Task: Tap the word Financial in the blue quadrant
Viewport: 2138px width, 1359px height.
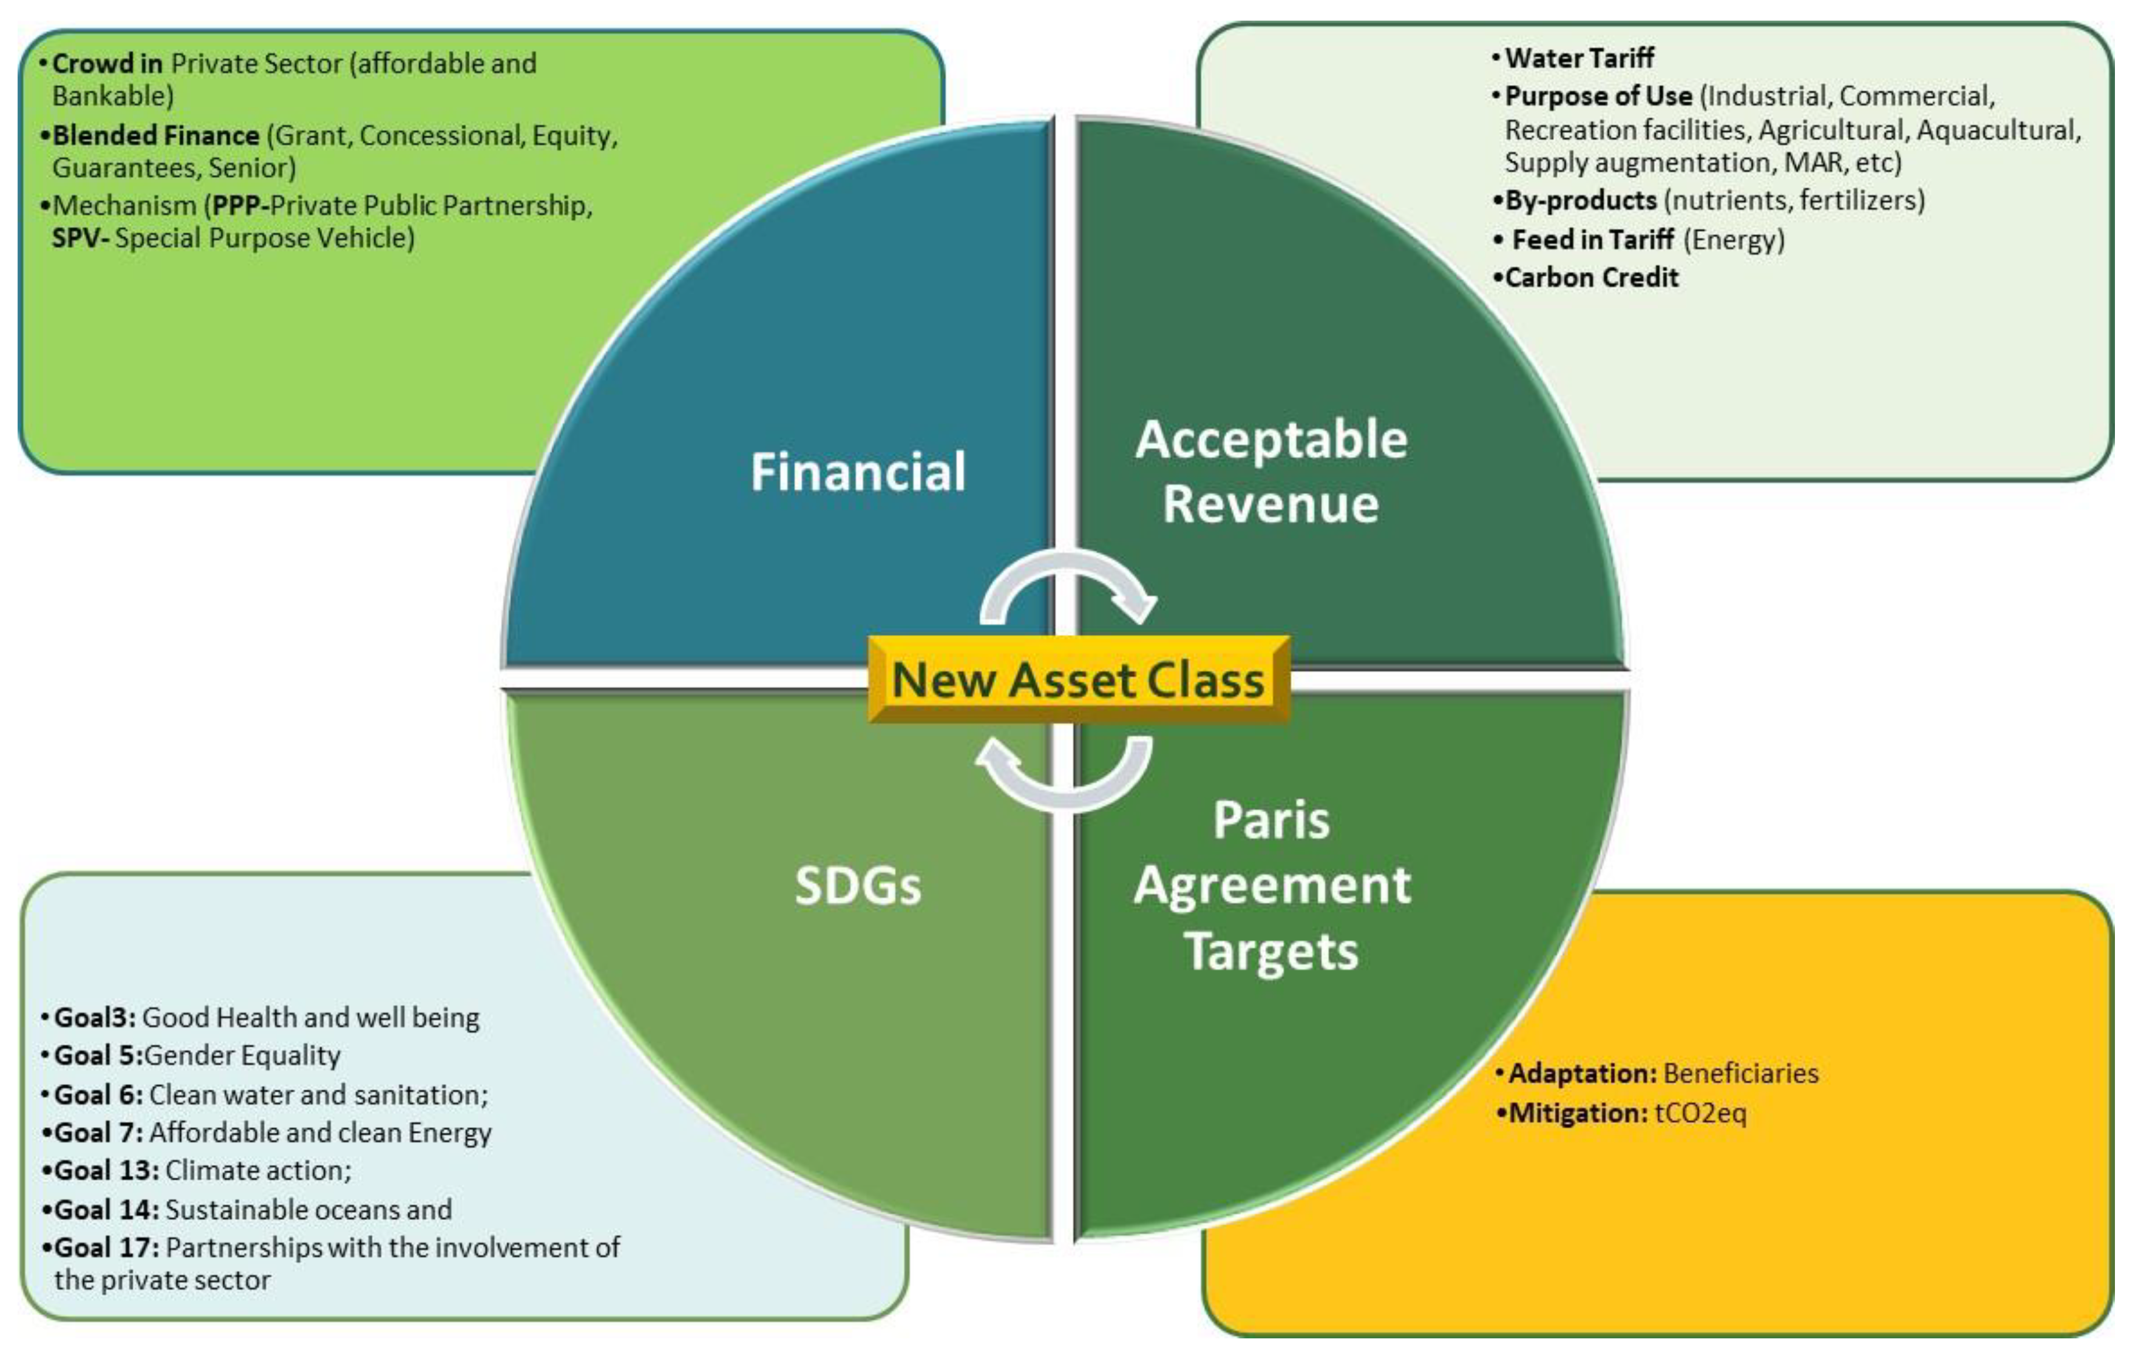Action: [x=858, y=472]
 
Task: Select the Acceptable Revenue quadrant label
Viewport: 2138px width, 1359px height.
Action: [x=1271, y=472]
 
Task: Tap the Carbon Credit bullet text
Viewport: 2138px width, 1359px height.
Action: [x=1591, y=278]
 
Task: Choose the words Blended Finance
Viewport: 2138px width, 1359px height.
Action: [x=155, y=136]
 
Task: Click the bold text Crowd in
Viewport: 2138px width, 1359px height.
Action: [x=107, y=64]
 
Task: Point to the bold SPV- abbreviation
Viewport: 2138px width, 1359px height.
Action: [x=80, y=238]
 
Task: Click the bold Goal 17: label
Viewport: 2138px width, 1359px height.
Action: [x=107, y=1247]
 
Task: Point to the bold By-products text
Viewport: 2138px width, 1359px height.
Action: [x=1580, y=201]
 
